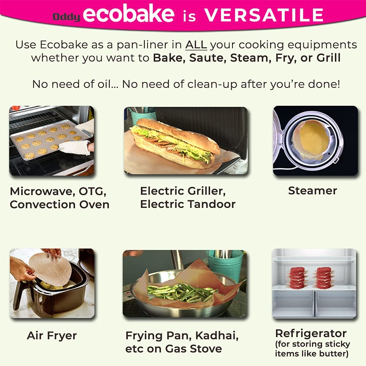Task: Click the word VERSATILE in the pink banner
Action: pos(264,15)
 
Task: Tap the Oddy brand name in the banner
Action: pos(66,17)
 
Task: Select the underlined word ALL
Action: pos(196,45)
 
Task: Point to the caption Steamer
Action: pos(313,190)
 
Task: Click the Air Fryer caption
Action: pos(52,336)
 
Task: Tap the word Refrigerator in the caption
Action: pos(311,333)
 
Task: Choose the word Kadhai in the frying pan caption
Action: pos(217,336)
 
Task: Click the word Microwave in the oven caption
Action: pos(42,192)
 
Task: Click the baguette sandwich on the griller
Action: pos(175,143)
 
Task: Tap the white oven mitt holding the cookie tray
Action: pos(75,147)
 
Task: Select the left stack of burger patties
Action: pos(297,278)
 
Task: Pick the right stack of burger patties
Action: pos(324,278)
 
